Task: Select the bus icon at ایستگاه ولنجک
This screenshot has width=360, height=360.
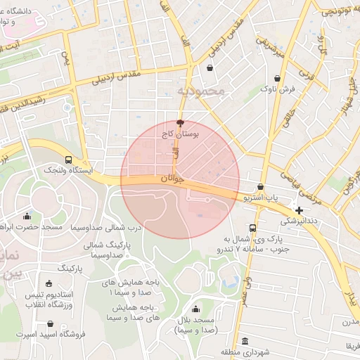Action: coord(67,160)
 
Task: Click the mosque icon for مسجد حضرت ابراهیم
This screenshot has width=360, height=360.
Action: coord(27,217)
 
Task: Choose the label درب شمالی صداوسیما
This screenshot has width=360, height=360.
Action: coord(115,228)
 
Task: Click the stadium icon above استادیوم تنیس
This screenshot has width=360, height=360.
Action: coord(48,282)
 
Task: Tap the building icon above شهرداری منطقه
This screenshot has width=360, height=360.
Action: coord(244,342)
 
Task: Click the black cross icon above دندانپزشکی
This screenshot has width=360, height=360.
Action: coord(299,210)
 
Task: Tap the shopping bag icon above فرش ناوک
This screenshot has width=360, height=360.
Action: coord(278,79)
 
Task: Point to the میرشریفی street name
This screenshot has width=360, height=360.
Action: coord(270,44)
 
